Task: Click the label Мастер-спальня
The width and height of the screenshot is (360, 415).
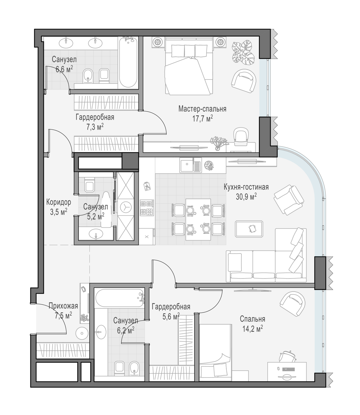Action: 202,109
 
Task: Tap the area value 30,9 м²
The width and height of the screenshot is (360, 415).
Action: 246,196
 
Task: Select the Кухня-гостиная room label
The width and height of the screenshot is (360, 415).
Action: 246,187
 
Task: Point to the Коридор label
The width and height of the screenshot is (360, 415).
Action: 59,202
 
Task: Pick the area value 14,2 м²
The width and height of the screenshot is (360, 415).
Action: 253,329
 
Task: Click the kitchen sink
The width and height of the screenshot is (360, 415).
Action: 191,165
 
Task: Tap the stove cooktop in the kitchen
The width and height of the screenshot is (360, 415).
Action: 147,208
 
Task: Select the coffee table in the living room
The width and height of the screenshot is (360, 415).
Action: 249,229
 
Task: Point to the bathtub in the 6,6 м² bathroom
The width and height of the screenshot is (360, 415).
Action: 128,62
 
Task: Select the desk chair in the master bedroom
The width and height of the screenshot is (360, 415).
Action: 241,136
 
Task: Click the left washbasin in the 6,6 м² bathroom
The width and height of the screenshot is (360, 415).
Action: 66,43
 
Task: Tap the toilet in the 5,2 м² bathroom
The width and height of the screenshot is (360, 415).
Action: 89,185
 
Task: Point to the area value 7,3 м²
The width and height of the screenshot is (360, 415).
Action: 95,127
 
